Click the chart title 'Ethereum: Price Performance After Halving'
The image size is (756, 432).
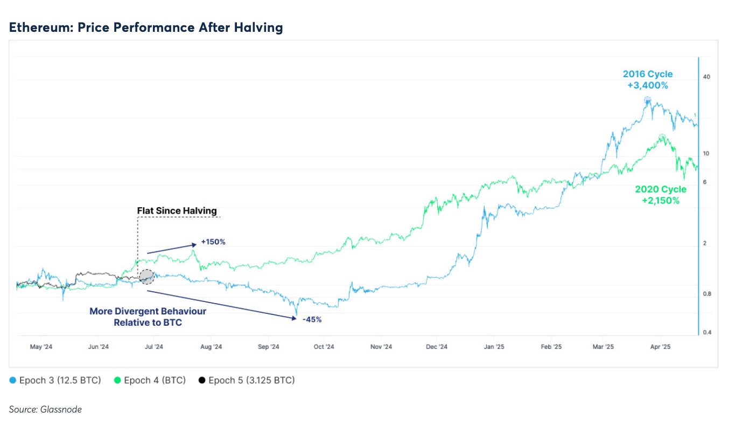tap(146, 28)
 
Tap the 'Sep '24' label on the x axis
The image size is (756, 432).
tap(268, 347)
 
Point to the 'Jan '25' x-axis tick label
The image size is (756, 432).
tap(494, 347)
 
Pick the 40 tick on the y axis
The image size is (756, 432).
tap(706, 77)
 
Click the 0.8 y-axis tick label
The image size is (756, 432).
tap(706, 294)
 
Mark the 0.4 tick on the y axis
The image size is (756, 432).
tap(706, 332)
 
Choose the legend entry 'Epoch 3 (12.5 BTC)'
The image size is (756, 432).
tap(55, 380)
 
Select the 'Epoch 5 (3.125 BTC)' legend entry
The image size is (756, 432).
tap(247, 380)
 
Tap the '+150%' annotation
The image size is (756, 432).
tap(213, 242)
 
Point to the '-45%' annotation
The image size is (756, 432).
tap(312, 319)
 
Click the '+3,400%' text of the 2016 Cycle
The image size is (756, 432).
tap(648, 85)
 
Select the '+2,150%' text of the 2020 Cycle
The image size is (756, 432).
tap(661, 201)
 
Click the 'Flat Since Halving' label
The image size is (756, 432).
tap(177, 210)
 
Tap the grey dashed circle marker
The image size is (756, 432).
tap(146, 277)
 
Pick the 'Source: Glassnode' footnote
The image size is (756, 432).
tap(45, 409)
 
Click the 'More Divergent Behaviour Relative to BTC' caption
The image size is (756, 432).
tap(148, 317)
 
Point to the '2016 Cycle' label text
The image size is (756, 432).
tap(648, 74)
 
